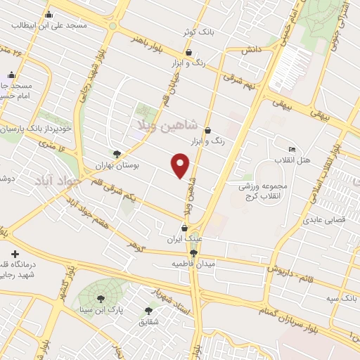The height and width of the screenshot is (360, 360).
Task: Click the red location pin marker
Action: tap(181, 165)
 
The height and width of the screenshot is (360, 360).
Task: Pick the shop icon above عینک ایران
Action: tap(185, 227)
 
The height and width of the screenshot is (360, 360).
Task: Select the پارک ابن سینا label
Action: tap(103, 309)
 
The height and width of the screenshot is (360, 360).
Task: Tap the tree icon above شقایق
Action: tap(148, 310)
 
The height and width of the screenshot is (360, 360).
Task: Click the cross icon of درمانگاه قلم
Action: tap(15, 253)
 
